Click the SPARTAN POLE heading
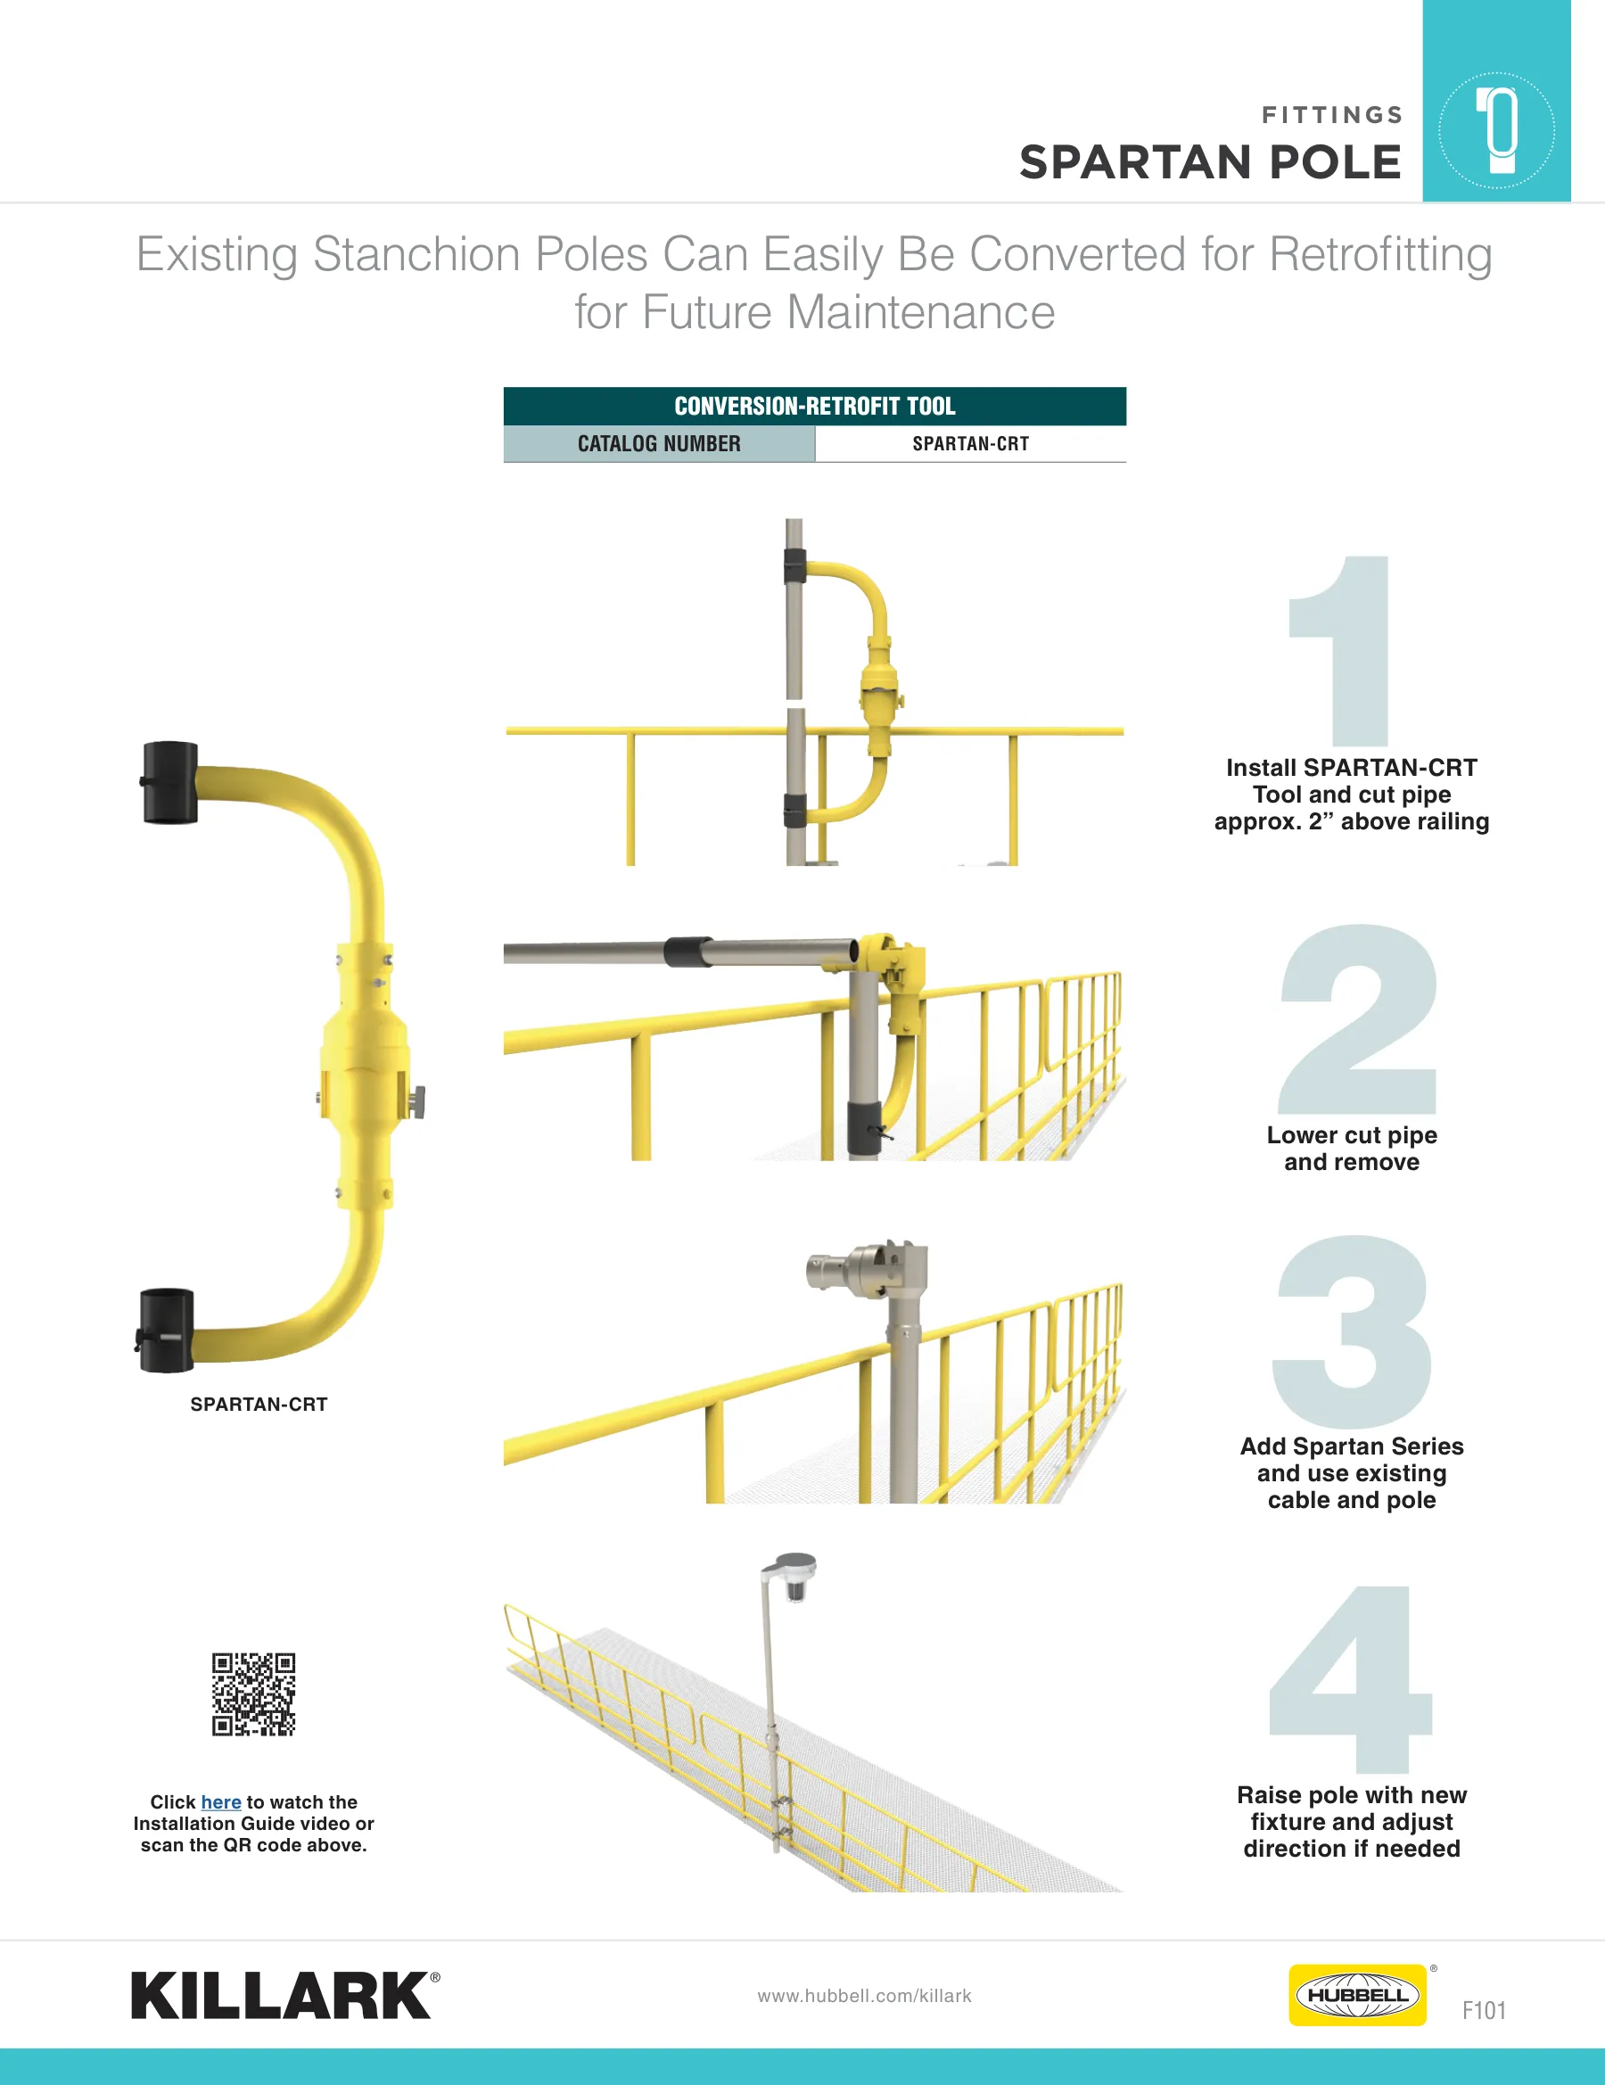pyautogui.click(x=1210, y=162)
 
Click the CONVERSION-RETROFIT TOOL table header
pyautogui.click(x=814, y=406)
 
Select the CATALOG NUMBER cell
pyautogui.click(x=659, y=444)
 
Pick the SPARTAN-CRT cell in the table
pyautogui.click(x=971, y=444)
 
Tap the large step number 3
pyautogui.click(x=1352, y=1331)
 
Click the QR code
pyautogui.click(x=253, y=1694)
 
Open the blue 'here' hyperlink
pyautogui.click(x=220, y=1801)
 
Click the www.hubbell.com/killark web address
pyautogui.click(x=864, y=1995)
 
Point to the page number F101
pyautogui.click(x=1484, y=2010)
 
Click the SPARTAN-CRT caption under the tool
pyautogui.click(x=259, y=1405)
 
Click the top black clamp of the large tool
pyautogui.click(x=170, y=783)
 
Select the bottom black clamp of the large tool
pyautogui.click(x=165, y=1331)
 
